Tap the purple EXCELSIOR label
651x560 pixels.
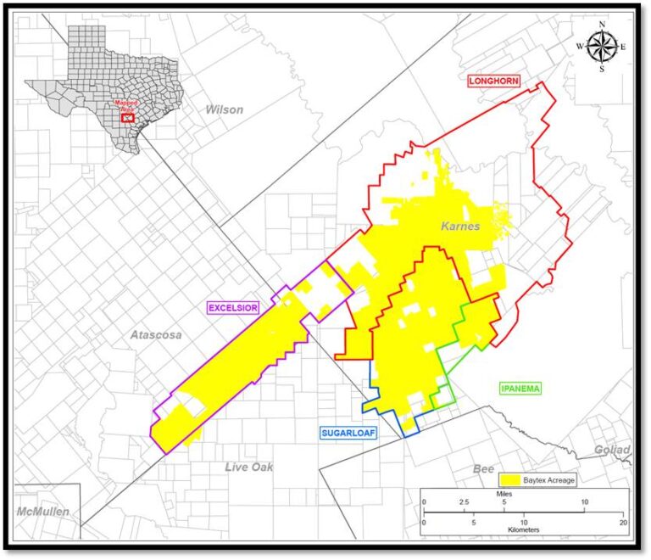click(x=232, y=306)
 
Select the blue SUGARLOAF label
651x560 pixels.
click(x=348, y=433)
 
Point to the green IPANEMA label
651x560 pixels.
click(x=520, y=388)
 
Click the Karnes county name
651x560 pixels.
click(x=460, y=226)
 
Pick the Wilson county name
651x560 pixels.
click(x=224, y=109)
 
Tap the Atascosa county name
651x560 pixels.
click(x=155, y=335)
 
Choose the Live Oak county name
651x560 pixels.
click(x=249, y=467)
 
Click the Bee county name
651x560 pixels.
click(x=483, y=468)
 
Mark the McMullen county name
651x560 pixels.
click(x=43, y=512)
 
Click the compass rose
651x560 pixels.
click(x=602, y=47)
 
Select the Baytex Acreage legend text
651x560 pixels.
click(x=549, y=480)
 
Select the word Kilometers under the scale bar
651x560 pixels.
click(x=523, y=529)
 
